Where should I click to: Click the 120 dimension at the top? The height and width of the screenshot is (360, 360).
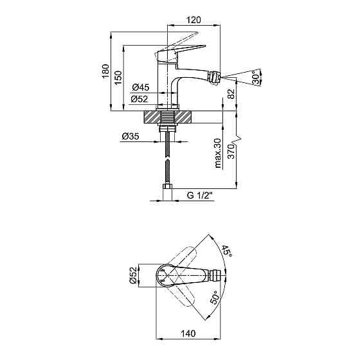tap(194, 20)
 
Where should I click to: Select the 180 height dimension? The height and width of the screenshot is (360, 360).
tap(105, 71)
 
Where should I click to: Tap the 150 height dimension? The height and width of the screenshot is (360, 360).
tap(118, 78)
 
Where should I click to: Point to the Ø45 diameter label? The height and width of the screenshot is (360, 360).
tap(141, 87)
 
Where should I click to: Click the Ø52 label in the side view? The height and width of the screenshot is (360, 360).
tap(139, 99)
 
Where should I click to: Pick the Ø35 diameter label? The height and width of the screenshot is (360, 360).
tap(130, 136)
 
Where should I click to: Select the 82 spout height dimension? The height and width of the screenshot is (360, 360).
tap(231, 94)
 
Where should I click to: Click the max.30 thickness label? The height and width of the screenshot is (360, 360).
tap(217, 153)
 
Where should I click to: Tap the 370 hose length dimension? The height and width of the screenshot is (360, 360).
tap(231, 152)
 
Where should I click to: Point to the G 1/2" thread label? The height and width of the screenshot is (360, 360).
tap(200, 195)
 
